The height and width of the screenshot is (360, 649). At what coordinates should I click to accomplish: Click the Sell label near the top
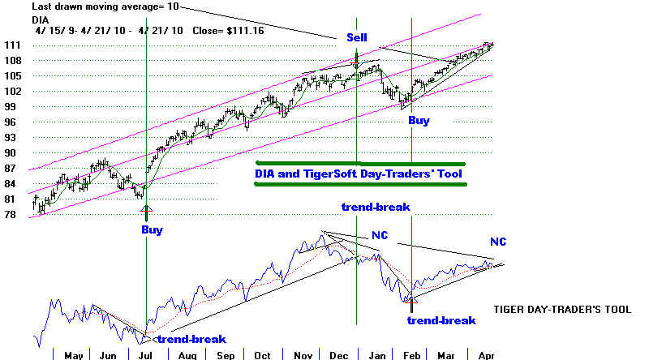pos(357,38)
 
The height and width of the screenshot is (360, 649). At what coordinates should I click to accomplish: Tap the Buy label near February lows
pos(419,121)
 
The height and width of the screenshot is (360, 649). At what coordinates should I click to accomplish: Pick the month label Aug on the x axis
pos(188,354)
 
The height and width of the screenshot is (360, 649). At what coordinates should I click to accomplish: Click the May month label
pos(73,354)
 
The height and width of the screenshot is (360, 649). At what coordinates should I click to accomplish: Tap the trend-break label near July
pos(191,339)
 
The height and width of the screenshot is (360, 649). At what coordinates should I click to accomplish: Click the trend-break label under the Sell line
pos(376,207)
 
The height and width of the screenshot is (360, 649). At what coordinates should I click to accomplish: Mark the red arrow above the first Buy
pos(146,211)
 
